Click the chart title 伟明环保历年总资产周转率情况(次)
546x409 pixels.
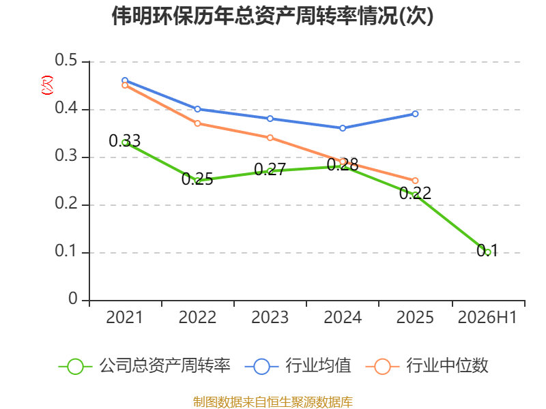pos(272,16)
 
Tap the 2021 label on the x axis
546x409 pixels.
pos(124,317)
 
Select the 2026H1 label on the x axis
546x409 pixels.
pos(487,317)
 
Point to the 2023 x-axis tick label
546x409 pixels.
pos(270,317)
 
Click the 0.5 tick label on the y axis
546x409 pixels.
pos(66,60)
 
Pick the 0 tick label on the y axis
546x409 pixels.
pos(73,299)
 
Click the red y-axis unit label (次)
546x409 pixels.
pos(47,85)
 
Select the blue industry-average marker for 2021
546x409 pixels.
pos(125,80)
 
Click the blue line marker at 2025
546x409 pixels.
pos(415,114)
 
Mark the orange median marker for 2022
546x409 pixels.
pos(197,123)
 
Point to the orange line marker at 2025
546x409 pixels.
pos(415,181)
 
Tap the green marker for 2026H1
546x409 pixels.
pos(488,252)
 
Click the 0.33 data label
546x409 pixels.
pos(125,140)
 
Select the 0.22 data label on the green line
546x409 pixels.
pos(415,193)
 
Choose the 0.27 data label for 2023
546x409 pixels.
pos(270,169)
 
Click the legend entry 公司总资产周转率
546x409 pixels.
pos(145,366)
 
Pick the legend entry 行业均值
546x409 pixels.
pos(298,366)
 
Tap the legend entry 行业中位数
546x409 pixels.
pos(427,366)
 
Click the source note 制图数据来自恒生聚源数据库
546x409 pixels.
pos(272,402)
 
